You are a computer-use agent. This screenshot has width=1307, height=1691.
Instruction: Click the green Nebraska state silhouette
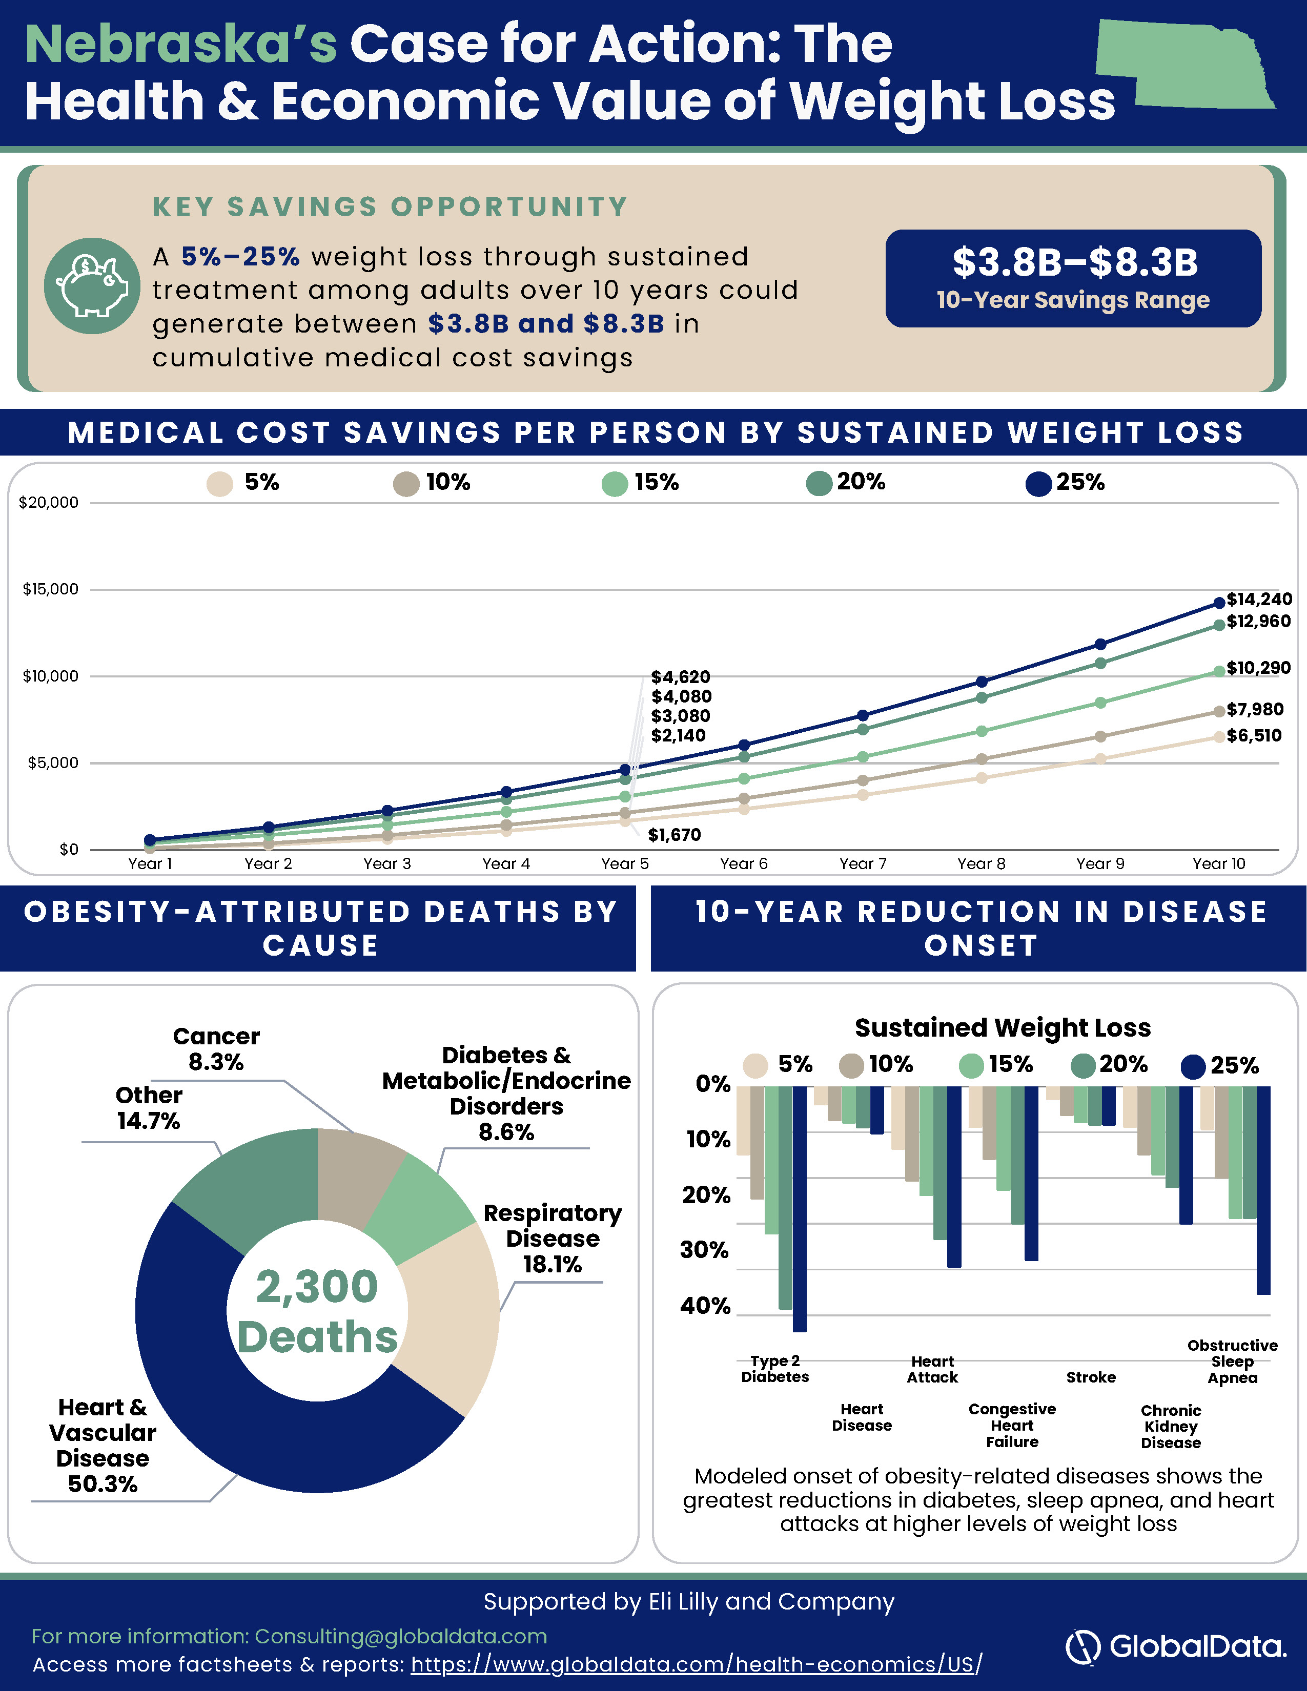point(1185,66)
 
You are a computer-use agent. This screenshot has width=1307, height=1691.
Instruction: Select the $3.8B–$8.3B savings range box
point(1073,278)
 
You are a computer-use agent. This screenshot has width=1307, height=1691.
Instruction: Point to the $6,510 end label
point(1254,735)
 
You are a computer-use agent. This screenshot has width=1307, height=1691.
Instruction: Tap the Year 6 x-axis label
point(743,864)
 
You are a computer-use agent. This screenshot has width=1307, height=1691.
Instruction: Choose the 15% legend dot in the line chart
point(615,484)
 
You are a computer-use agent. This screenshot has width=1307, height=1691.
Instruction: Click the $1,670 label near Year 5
point(675,835)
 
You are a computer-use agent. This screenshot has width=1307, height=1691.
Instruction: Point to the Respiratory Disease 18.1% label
point(553,1238)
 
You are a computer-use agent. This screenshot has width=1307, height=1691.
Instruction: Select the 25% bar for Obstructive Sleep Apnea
point(1263,1190)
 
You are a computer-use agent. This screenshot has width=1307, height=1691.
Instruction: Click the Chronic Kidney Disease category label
point(1171,1426)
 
